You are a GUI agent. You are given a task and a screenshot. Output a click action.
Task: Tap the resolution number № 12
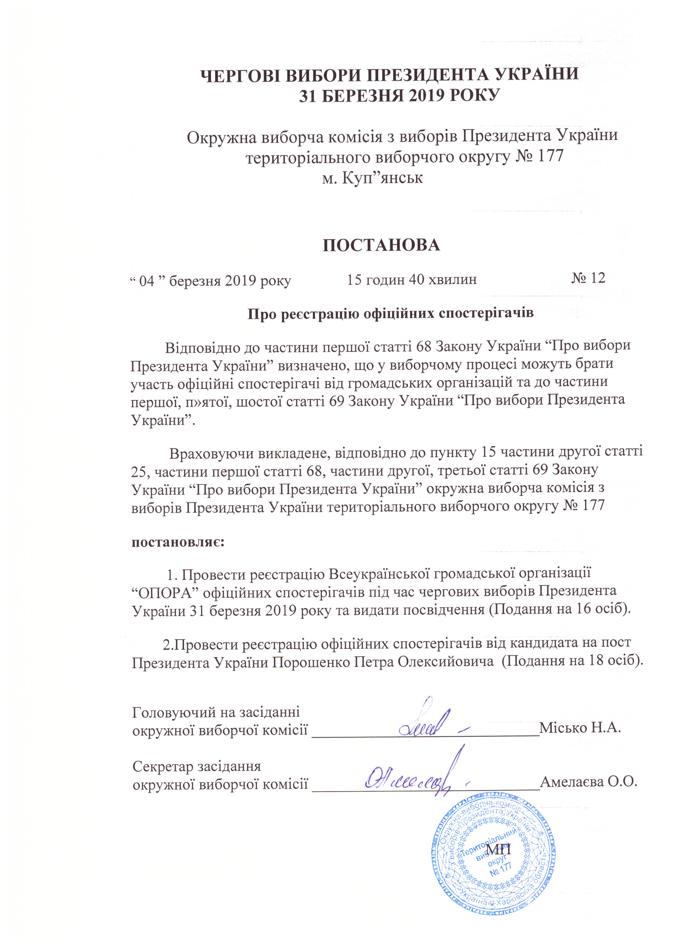click(588, 278)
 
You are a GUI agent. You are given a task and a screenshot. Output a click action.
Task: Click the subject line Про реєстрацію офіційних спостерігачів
click(391, 313)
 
